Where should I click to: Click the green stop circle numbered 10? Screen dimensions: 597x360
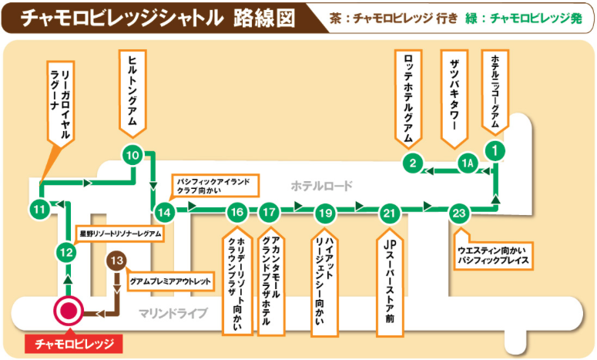[132, 155]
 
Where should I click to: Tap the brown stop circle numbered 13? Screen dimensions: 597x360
[116, 261]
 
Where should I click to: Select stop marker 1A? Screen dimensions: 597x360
[468, 163]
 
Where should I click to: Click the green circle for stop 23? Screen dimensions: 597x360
[459, 213]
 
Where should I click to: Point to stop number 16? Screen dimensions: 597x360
[237, 212]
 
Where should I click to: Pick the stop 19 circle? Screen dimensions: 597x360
[326, 213]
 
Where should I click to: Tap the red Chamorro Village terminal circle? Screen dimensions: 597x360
[69, 311]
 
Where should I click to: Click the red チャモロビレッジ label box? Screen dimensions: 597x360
[74, 344]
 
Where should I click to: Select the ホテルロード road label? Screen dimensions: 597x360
[322, 186]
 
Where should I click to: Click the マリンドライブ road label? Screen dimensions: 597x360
[173, 314]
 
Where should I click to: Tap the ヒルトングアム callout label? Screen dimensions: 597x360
[132, 94]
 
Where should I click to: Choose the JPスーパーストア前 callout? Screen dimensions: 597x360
[390, 282]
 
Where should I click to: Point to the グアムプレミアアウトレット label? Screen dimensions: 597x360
[170, 281]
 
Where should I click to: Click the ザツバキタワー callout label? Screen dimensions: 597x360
[454, 99]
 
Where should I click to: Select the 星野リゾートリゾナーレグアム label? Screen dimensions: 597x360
[120, 234]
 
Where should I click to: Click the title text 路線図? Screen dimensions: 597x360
[264, 18]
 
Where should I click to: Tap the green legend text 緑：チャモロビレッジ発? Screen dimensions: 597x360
[524, 18]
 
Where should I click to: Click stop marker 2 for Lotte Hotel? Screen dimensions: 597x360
[413, 163]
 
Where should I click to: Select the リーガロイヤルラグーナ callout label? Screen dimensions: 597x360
[61, 103]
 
